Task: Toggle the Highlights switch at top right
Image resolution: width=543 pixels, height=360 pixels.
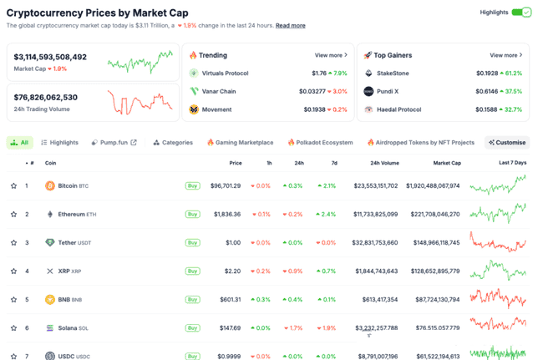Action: [x=521, y=13]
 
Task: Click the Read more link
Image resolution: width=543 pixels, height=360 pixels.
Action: [x=291, y=26]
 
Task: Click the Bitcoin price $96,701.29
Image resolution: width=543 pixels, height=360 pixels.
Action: [x=225, y=185]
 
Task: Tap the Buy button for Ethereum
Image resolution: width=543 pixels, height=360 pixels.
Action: [x=192, y=215]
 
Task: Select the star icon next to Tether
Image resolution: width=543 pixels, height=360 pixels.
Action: [x=13, y=243]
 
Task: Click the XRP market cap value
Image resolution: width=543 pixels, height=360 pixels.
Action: [x=433, y=271]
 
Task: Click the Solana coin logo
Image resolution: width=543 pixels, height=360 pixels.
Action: [x=50, y=327]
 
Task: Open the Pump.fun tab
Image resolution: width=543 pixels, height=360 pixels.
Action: [x=114, y=143]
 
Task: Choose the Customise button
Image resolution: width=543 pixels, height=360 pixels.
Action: [x=508, y=143]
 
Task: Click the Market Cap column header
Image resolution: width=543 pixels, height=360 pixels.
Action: [x=447, y=163]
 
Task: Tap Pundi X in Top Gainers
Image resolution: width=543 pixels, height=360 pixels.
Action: [x=388, y=91]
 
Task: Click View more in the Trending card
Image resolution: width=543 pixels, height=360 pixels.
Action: [x=331, y=55]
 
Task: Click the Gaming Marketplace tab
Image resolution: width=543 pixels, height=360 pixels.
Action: [x=241, y=143]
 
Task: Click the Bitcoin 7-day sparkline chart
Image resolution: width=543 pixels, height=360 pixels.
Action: [x=498, y=185]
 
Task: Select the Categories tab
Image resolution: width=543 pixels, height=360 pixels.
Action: [x=173, y=143]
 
